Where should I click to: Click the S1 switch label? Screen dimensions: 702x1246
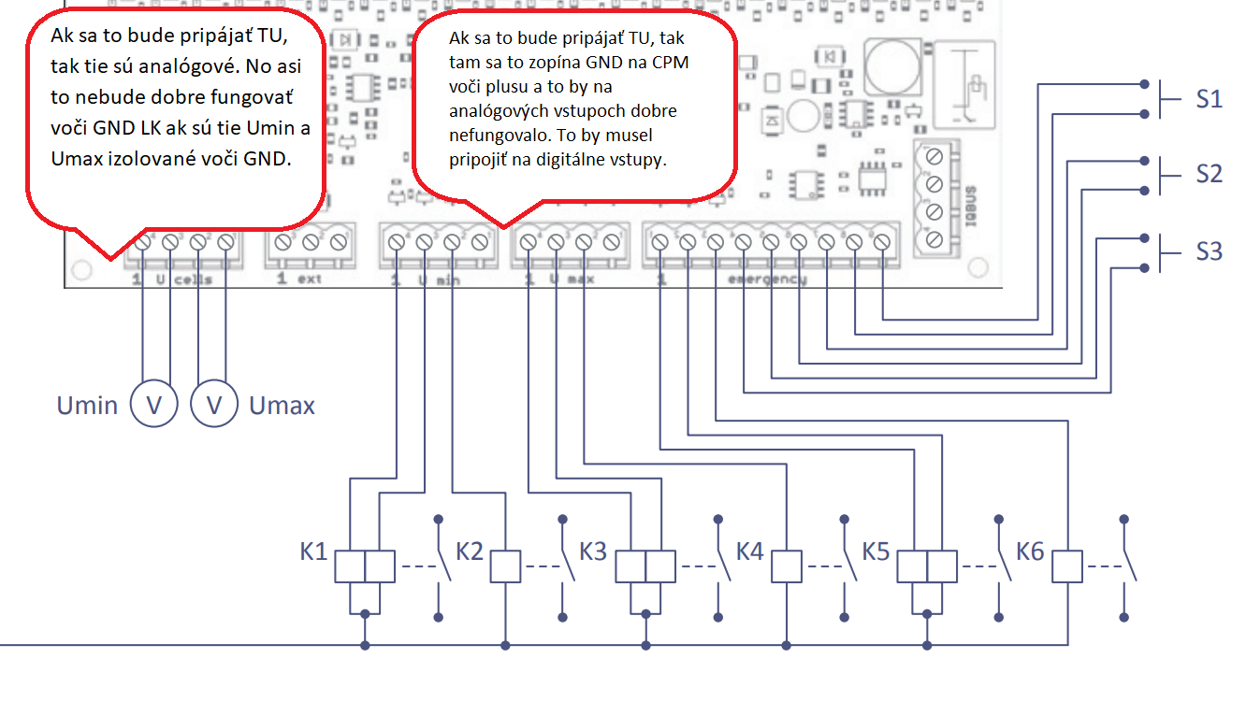point(1210,98)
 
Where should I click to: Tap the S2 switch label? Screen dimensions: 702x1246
point(1210,174)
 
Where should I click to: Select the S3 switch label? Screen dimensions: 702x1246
point(1210,251)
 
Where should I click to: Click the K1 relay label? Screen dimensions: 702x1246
point(313,552)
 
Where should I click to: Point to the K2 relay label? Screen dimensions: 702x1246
point(470,552)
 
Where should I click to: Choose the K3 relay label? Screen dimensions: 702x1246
point(593,552)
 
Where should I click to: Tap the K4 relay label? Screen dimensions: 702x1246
point(750,552)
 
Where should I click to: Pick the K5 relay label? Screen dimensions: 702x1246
point(876,552)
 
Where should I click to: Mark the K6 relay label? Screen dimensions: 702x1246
point(1030,552)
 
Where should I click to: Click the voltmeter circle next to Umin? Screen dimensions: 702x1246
point(153,405)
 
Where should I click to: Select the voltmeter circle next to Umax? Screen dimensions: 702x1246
point(214,405)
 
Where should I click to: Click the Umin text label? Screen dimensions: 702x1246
point(87,406)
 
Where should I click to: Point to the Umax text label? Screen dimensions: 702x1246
point(282,406)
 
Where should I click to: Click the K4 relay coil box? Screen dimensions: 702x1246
point(786,566)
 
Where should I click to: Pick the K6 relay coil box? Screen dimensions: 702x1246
point(1067,566)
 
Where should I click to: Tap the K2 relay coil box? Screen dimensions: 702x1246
point(505,566)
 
